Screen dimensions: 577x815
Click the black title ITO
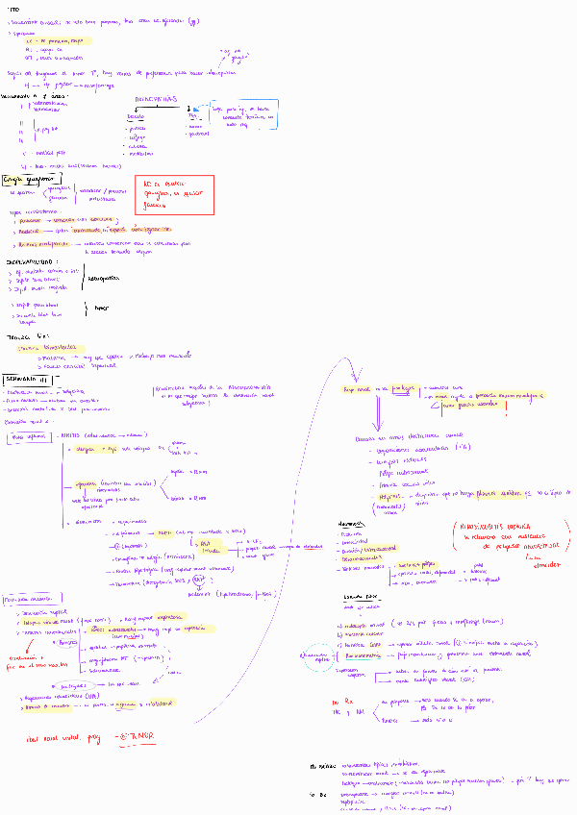click(13, 7)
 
